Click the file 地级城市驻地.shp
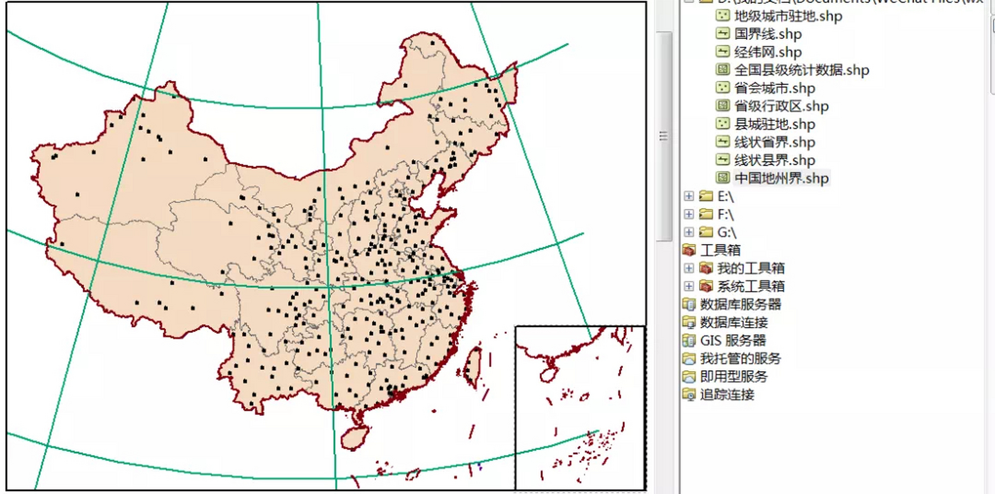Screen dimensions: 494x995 [787, 16]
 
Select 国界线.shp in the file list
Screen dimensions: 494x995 [767, 34]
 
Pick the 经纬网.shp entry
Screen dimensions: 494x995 [767, 52]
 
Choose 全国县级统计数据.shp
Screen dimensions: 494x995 [801, 70]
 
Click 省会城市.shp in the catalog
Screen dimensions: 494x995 [774, 88]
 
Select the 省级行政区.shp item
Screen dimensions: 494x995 [781, 106]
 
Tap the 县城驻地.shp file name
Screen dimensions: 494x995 [774, 124]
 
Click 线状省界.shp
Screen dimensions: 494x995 [774, 142]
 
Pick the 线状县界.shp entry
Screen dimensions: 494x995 [774, 160]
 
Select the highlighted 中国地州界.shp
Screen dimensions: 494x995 [781, 178]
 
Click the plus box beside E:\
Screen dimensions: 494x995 [689, 196]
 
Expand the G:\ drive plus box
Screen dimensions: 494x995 [689, 232]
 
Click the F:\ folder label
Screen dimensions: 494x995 [725, 214]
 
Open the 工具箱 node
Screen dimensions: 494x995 [720, 250]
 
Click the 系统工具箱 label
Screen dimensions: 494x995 [750, 286]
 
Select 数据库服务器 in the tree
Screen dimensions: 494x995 [740, 305]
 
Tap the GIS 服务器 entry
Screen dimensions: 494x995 [733, 340]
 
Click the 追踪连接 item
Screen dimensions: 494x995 [727, 394]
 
